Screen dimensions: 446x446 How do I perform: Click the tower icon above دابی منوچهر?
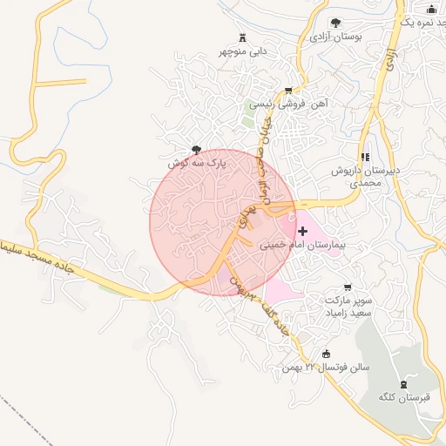coord(242,37)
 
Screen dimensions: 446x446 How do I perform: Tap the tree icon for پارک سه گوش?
coord(198,150)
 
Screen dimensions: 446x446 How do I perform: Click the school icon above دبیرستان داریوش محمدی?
coord(364,156)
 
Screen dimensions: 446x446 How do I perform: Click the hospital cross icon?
coord(302,231)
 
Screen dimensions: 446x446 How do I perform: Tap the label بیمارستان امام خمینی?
coord(302,246)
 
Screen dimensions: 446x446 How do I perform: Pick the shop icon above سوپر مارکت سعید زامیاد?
coord(348,287)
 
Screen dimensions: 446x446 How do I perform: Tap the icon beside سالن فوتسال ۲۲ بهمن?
coord(327,354)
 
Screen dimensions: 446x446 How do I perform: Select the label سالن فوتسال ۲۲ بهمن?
coord(325,368)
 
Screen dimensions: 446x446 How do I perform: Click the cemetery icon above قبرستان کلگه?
coord(402,384)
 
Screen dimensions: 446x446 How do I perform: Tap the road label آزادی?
coord(389,59)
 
